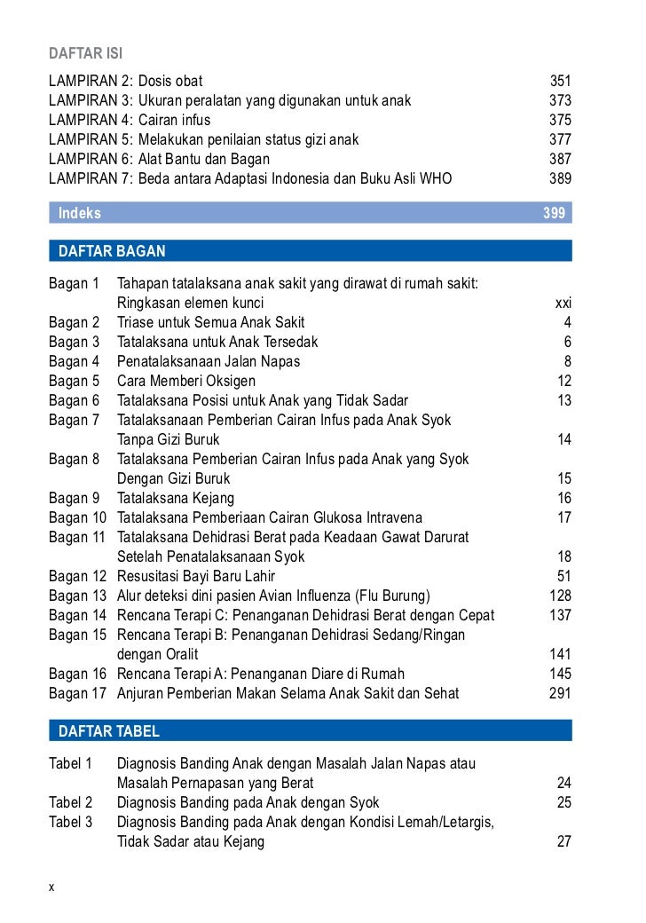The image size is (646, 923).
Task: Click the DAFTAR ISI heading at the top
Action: (x=85, y=55)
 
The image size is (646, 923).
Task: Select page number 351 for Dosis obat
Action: (x=560, y=81)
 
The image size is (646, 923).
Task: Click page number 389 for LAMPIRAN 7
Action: (x=560, y=178)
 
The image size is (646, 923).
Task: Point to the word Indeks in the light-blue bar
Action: (x=80, y=213)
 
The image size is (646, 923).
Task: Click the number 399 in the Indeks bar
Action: (x=554, y=213)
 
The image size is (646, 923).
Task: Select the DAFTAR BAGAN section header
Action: (x=112, y=251)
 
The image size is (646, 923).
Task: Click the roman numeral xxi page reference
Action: (x=563, y=303)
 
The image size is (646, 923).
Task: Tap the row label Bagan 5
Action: (x=74, y=381)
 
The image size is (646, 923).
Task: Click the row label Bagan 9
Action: (x=74, y=498)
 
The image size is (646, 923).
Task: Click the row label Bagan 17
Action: (x=77, y=693)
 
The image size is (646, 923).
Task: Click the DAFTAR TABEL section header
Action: (x=109, y=731)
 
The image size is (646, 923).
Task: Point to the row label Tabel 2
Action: (x=71, y=802)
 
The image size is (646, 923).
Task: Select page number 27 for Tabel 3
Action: (x=563, y=841)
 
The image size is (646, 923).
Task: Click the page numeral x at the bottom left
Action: (x=52, y=886)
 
